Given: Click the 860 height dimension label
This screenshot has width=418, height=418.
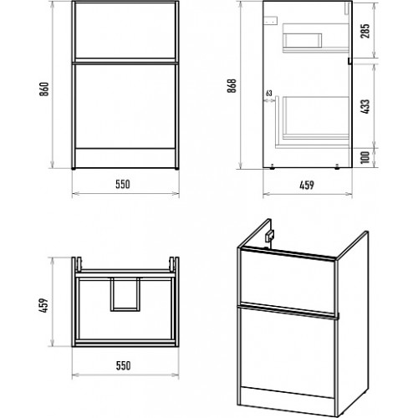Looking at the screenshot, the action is (x=44, y=89).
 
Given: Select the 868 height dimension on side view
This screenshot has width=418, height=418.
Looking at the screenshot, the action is (x=232, y=86).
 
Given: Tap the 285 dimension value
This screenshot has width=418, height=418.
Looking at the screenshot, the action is (x=365, y=31).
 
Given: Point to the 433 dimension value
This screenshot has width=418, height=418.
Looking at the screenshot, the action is (x=365, y=106).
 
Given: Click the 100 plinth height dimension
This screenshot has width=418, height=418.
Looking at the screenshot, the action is (x=365, y=157).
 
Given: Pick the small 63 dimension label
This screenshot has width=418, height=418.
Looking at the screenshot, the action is (x=268, y=93).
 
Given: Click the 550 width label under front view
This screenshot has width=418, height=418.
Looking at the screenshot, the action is (x=123, y=184).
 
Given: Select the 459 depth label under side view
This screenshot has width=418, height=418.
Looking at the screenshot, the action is (x=307, y=185).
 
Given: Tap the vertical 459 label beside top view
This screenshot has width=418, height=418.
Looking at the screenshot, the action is (x=43, y=305).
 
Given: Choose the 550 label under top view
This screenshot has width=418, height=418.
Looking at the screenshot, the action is (x=123, y=365).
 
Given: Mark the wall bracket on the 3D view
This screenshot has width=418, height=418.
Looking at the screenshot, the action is (x=269, y=237).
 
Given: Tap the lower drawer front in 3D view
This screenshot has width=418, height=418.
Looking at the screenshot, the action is (x=288, y=352).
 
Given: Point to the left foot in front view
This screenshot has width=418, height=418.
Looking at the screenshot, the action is (x=74, y=168).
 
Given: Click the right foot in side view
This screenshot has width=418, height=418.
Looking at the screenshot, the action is (x=337, y=166).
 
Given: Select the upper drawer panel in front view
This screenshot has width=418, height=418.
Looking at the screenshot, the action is (x=125, y=31).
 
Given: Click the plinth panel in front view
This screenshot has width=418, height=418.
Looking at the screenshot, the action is (x=125, y=158).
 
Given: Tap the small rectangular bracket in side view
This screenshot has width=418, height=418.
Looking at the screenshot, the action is (x=271, y=20).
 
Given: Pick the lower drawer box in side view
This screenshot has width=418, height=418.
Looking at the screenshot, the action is (x=316, y=118).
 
